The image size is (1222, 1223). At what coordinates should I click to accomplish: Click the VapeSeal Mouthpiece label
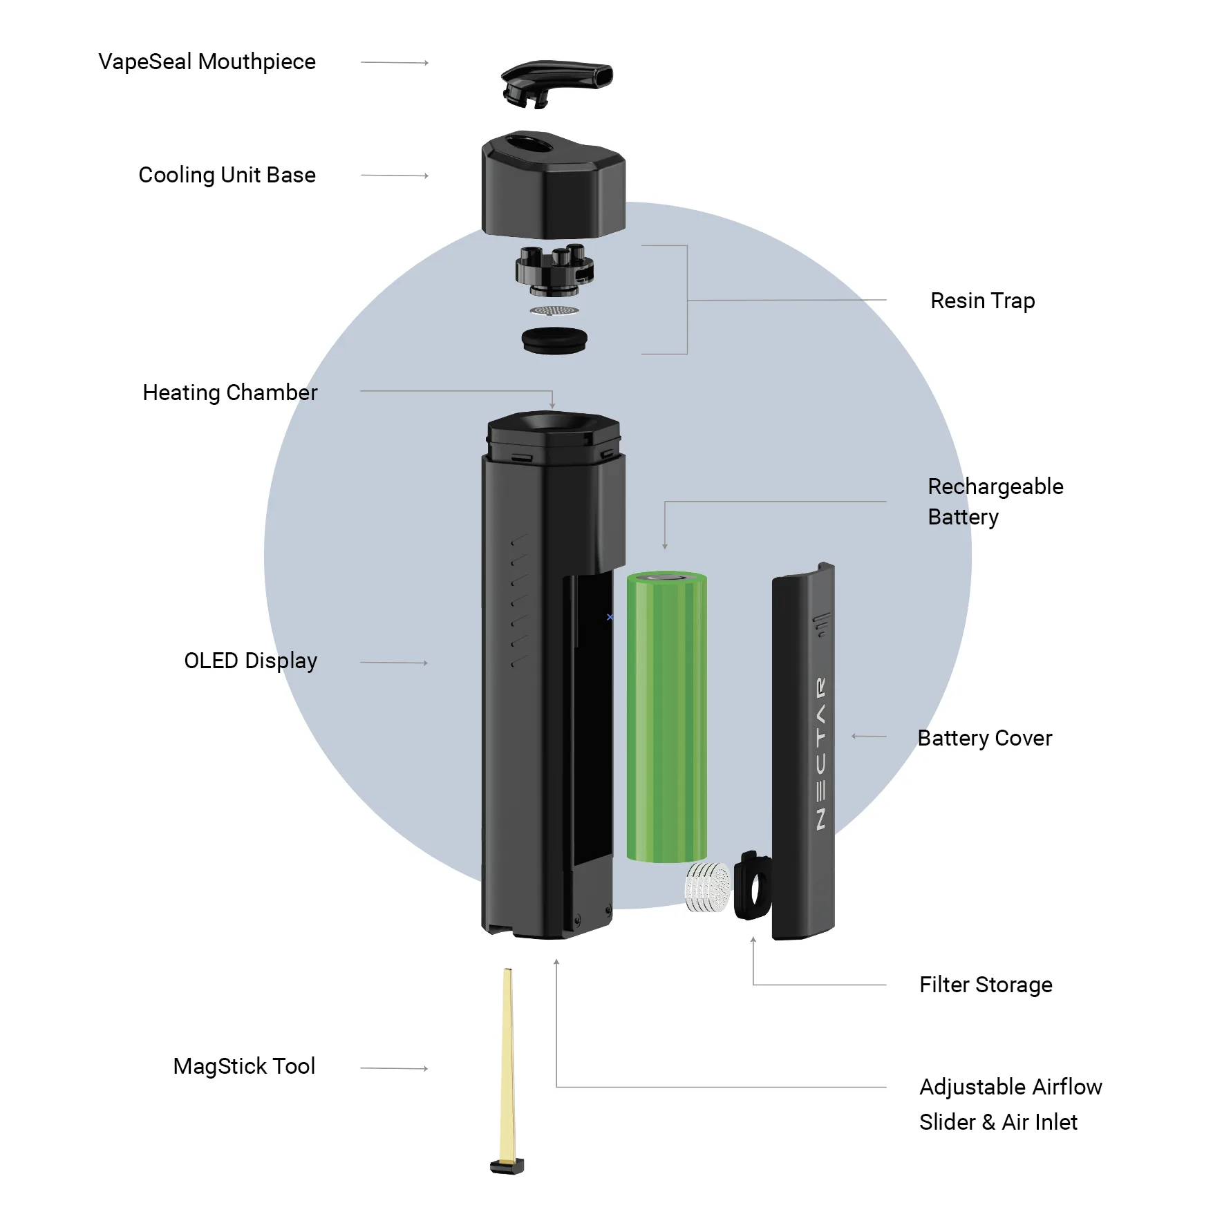(207, 62)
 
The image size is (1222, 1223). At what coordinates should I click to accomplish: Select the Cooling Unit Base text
(227, 176)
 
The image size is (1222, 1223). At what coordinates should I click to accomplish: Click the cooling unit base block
(554, 184)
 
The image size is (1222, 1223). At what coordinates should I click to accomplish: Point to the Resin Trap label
(982, 301)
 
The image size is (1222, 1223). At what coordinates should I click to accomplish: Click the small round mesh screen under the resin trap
(554, 310)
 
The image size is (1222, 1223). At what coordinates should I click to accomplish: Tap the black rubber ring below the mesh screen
(554, 341)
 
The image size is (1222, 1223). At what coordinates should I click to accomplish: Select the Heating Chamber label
(229, 392)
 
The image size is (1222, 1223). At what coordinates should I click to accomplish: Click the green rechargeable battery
(667, 717)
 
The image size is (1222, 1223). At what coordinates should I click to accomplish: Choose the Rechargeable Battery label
(995, 502)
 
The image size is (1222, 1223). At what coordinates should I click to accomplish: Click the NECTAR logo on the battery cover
(820, 753)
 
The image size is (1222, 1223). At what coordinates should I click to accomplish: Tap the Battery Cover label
(984, 738)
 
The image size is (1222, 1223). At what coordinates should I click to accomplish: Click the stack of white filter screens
(707, 887)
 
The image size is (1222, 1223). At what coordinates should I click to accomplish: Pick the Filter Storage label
(986, 985)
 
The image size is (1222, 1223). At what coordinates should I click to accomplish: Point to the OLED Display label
(250, 661)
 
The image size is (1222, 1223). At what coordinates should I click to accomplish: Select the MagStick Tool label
(244, 1066)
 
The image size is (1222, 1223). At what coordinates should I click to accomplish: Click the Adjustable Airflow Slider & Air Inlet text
(1010, 1104)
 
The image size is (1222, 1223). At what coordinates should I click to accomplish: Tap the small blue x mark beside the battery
(610, 617)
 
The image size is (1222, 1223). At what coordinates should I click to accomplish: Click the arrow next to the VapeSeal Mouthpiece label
(395, 63)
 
